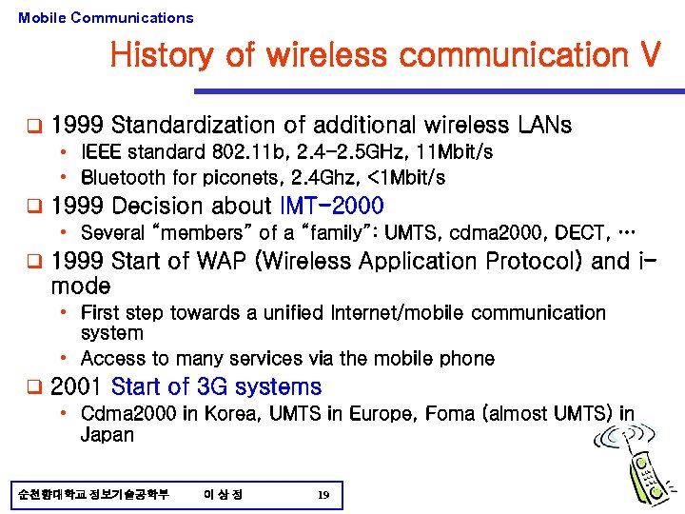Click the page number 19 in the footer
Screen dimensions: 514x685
[x=323, y=495]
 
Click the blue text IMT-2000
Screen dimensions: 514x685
[x=332, y=206]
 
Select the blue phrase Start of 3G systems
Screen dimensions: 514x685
[x=216, y=386]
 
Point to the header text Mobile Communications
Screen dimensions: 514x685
[x=106, y=17]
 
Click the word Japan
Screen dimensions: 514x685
[x=108, y=435]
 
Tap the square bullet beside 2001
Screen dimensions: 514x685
[x=33, y=386]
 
